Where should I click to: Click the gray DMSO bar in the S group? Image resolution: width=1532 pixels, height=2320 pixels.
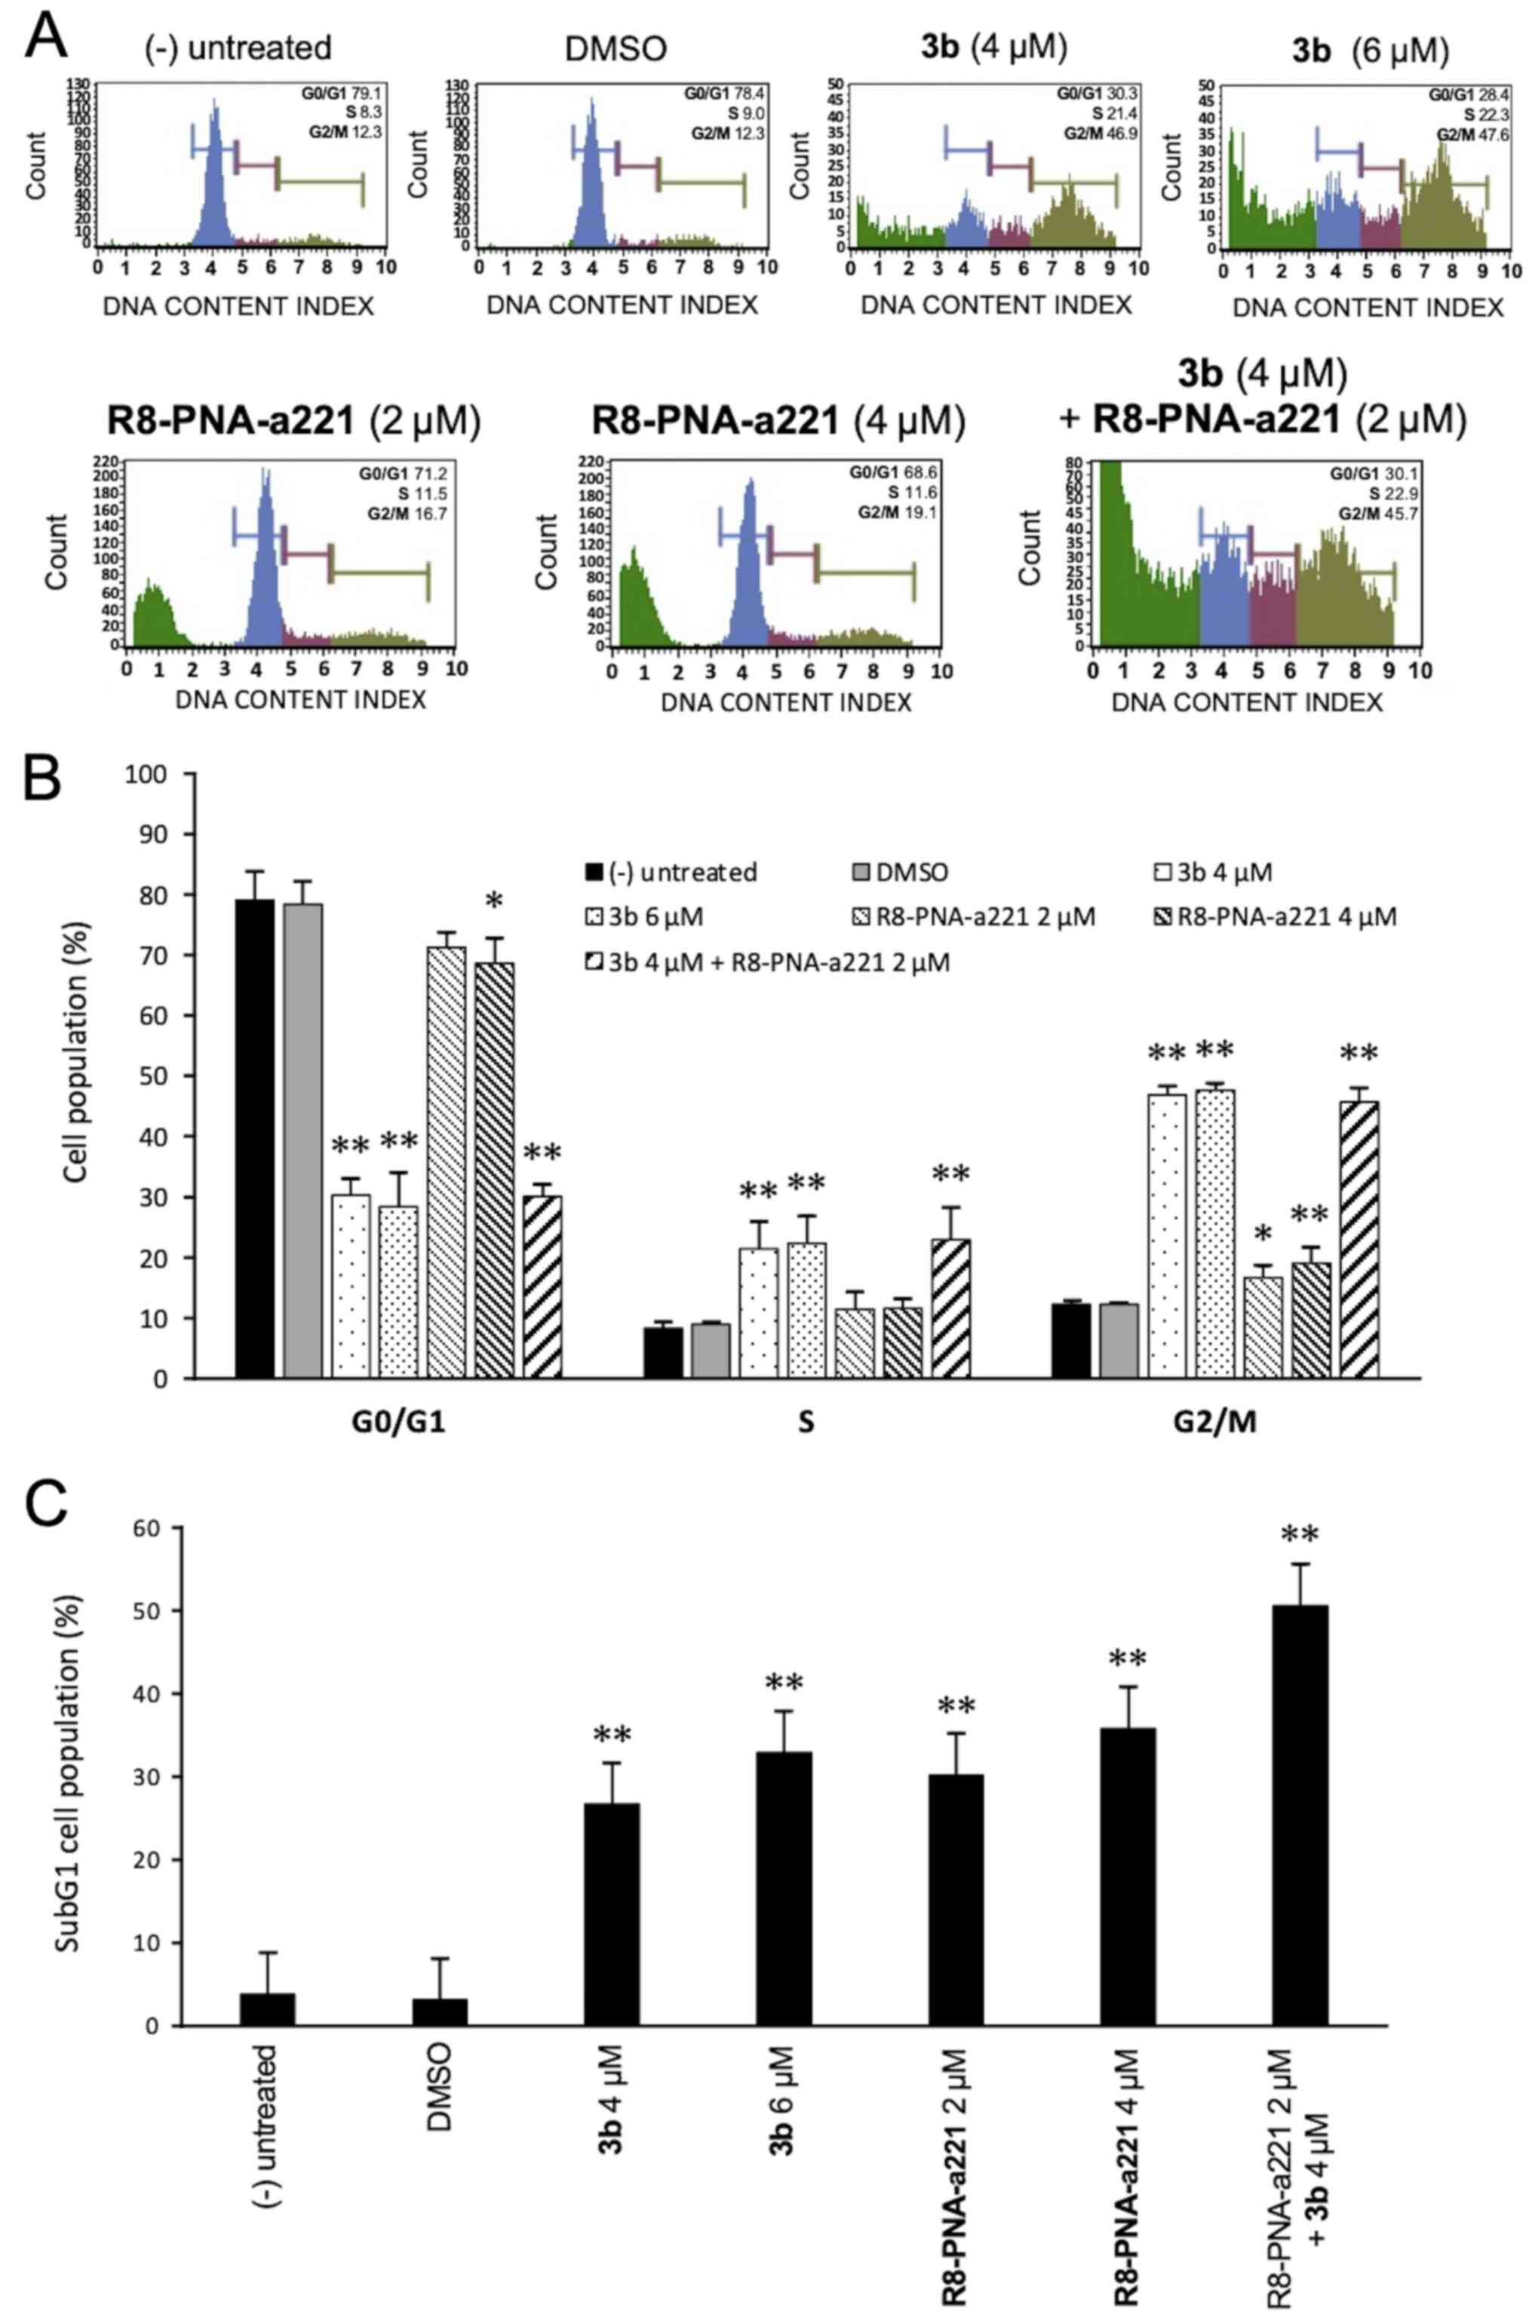pyautogui.click(x=711, y=1350)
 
